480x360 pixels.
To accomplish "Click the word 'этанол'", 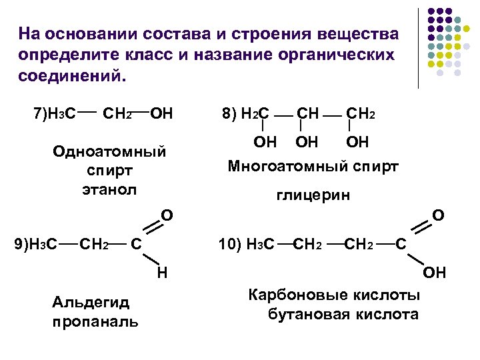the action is coord(109,189).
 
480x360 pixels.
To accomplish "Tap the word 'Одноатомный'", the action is coord(109,152).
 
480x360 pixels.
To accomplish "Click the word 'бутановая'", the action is coord(310,314).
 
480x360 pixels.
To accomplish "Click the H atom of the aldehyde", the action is coord(162,272).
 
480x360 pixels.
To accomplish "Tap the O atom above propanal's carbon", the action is coord(168,215).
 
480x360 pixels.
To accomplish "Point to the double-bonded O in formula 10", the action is coord(439,215).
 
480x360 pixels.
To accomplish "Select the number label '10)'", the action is coord(230,245).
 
